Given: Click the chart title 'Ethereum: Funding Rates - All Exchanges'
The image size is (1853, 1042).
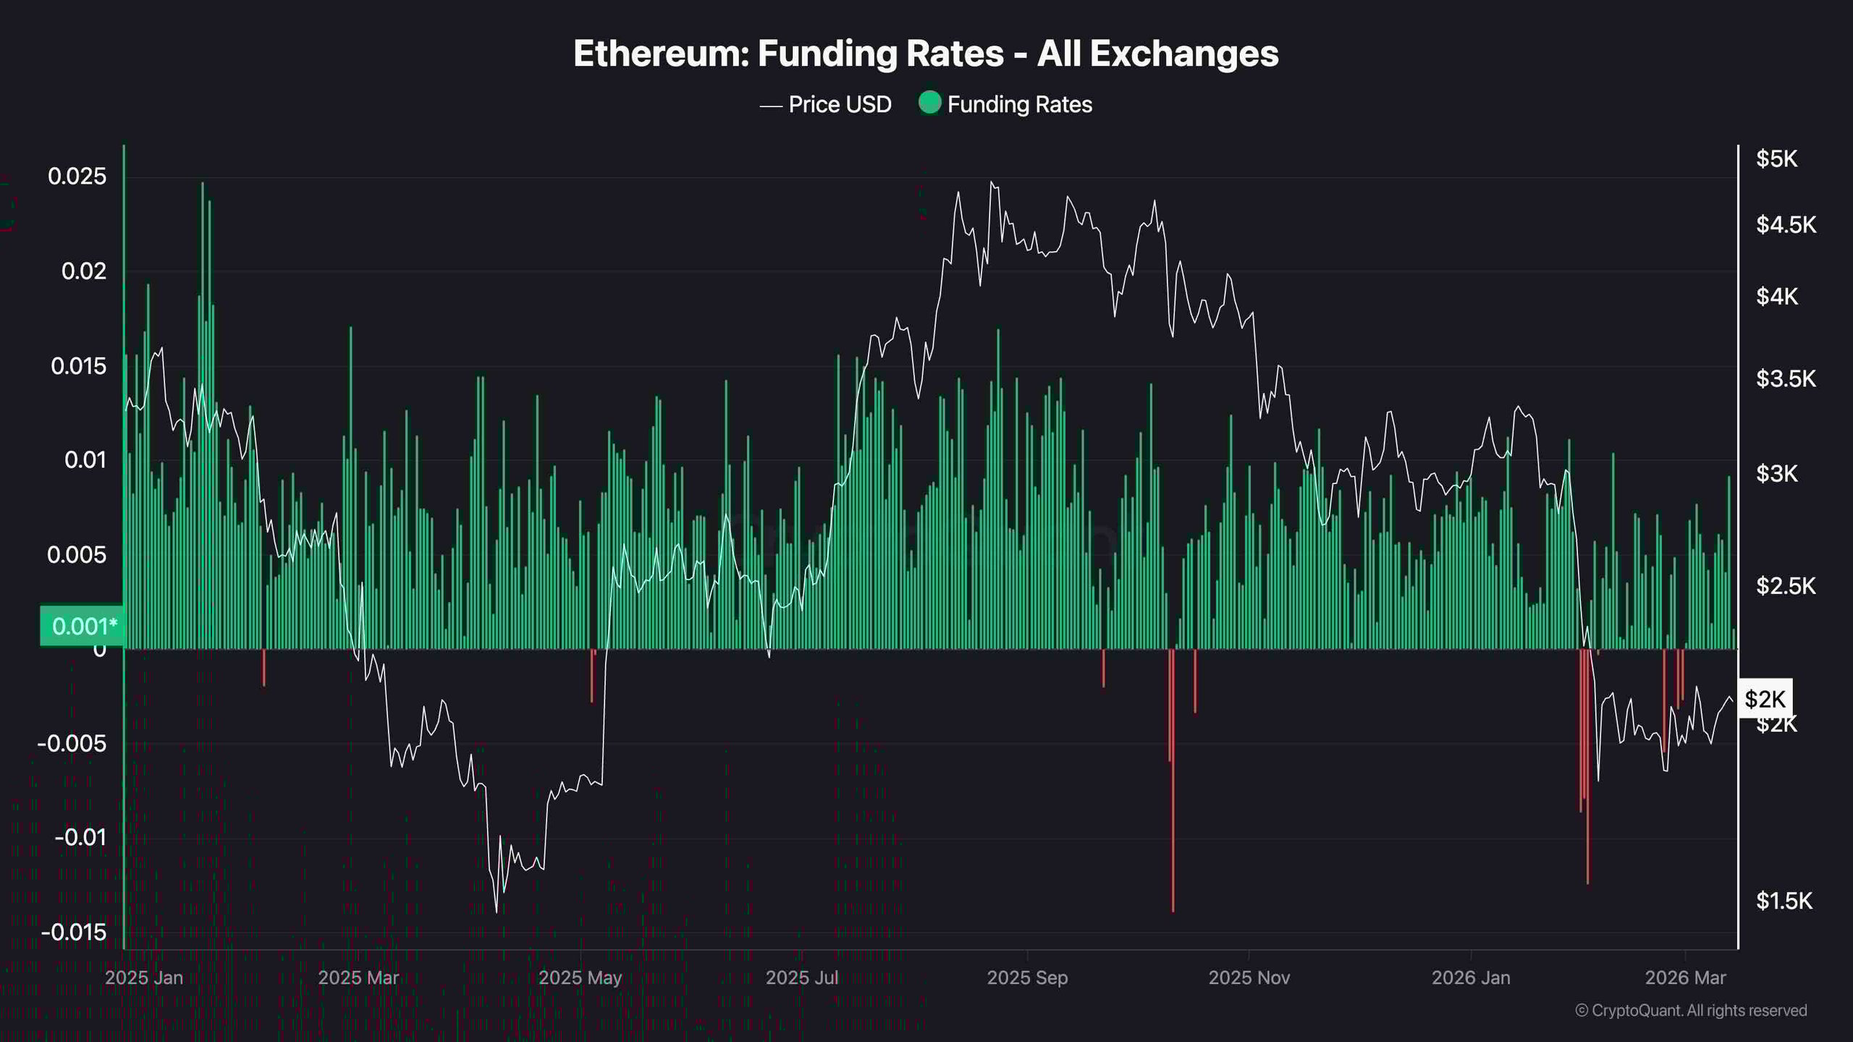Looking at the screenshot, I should [x=926, y=54].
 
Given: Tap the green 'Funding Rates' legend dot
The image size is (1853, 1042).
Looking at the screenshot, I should [x=929, y=103].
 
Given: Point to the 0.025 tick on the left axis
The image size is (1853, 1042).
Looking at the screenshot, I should [x=77, y=177].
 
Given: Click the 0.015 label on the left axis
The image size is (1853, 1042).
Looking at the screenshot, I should [x=78, y=366].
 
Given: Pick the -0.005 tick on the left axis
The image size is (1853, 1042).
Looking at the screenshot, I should [x=72, y=744].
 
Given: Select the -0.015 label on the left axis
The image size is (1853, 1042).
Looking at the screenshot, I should [x=73, y=933].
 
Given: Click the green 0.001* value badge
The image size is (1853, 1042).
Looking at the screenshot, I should [x=82, y=626].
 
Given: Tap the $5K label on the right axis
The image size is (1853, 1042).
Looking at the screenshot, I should [x=1776, y=159].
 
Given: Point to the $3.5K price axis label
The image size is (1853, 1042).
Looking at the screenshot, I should [x=1785, y=378].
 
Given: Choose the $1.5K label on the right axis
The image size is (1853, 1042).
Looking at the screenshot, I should [x=1784, y=901].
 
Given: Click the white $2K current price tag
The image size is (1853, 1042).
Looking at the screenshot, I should [x=1765, y=699].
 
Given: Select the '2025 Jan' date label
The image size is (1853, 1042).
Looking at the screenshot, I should [x=143, y=978].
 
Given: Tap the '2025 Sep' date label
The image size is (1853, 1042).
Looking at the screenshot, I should [x=1027, y=978].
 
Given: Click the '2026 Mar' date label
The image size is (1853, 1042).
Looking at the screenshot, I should [x=1685, y=978].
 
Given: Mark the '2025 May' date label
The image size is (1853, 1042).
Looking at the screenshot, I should [x=580, y=978].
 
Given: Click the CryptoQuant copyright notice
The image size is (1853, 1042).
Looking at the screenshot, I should [x=1691, y=1011].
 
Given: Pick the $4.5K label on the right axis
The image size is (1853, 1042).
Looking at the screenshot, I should [x=1786, y=225].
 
